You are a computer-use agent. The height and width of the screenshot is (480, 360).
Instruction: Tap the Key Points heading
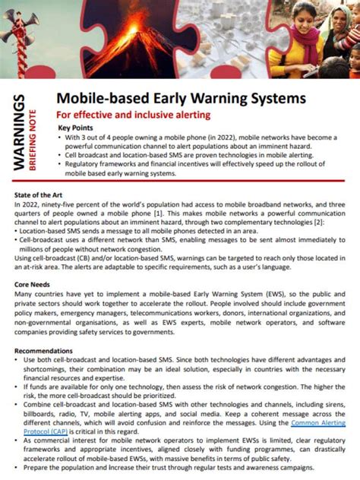(x=77, y=128)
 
